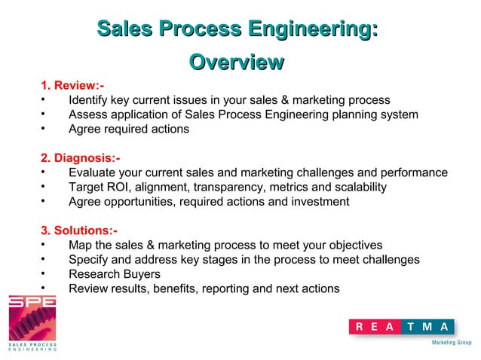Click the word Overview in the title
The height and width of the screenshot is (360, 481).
pos(237,62)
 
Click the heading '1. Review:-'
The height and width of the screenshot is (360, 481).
pos(72,86)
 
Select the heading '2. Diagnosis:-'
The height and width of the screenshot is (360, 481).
pos(79,158)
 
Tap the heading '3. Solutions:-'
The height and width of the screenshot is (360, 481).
pos(78,230)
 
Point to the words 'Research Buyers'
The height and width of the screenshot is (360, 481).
pos(114,274)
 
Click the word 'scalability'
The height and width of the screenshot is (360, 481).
pos(357,187)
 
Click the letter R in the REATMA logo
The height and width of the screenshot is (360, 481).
pos(360,327)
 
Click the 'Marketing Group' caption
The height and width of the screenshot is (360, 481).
pos(450,342)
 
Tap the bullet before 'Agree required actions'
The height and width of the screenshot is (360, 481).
pos(44,129)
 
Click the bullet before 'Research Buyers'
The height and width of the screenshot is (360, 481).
pos(44,274)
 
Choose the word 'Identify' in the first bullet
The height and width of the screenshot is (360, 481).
pos(90,100)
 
